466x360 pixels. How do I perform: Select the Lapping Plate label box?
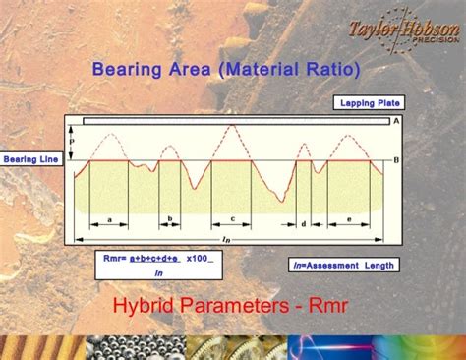[368, 102]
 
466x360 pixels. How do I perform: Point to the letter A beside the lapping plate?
[395, 121]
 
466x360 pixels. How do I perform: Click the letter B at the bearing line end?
[395, 159]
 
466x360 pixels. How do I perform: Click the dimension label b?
[170, 219]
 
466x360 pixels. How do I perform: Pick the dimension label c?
[232, 219]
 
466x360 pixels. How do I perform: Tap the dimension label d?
[304, 224]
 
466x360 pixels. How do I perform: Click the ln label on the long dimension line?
[227, 239]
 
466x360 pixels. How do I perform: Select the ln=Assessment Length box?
[343, 265]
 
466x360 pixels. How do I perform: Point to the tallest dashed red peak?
[231, 126]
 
